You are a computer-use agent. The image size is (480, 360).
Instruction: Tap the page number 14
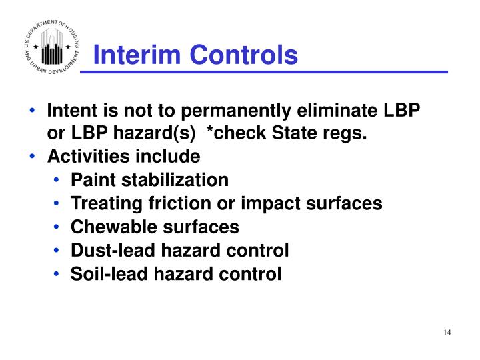pyautogui.click(x=447, y=333)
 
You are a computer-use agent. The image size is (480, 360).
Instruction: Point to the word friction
pyautogui.click(x=175, y=203)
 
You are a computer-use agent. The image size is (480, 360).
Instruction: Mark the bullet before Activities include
pyautogui.click(x=35, y=157)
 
